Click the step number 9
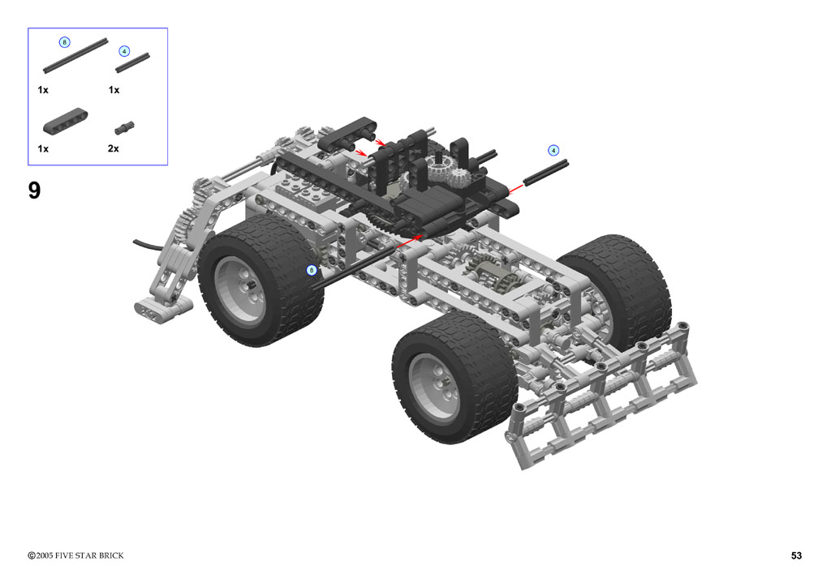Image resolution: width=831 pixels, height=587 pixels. [34, 190]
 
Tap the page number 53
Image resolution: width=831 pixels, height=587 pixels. [796, 555]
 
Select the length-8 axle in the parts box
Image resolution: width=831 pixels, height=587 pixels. [75, 56]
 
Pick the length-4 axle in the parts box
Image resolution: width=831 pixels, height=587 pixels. [132, 62]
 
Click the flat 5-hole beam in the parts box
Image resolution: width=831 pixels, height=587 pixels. [65, 122]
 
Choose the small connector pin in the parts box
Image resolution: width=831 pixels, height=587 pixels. [124, 127]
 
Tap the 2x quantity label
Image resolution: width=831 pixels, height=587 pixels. [113, 148]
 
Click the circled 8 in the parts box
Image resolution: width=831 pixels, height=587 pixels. [64, 42]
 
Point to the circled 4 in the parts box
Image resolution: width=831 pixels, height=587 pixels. [124, 51]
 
